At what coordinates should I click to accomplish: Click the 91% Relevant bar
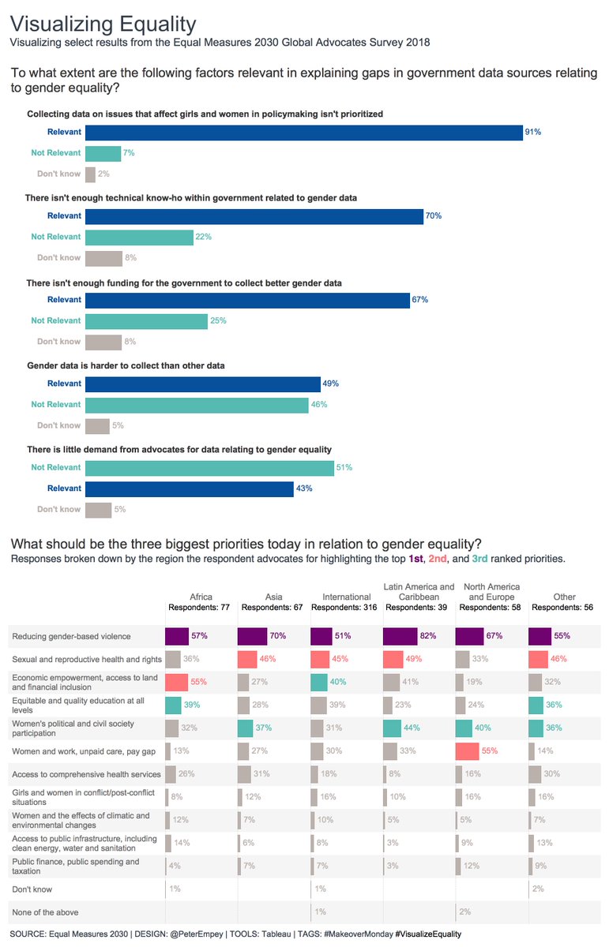(x=303, y=132)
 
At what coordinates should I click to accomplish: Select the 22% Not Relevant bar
(x=139, y=237)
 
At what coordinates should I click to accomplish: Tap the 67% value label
(x=419, y=300)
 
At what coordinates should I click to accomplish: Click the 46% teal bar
(x=196, y=405)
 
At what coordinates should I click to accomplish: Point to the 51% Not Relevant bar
(x=209, y=467)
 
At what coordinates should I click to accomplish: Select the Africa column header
(x=201, y=597)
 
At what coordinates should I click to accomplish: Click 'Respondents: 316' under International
(x=346, y=608)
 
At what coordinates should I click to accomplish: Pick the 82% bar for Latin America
(x=400, y=635)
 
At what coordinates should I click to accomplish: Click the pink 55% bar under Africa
(x=176, y=681)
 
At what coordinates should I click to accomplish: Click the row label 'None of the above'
(x=45, y=912)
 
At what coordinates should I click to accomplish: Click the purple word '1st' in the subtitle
(x=415, y=559)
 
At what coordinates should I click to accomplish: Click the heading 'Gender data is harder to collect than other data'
(x=126, y=366)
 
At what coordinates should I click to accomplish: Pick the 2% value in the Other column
(x=538, y=889)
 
